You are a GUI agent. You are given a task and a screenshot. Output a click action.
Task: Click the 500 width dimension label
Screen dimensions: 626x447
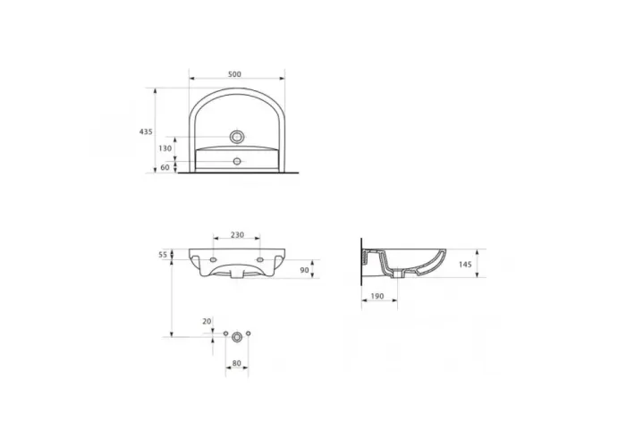click(x=234, y=74)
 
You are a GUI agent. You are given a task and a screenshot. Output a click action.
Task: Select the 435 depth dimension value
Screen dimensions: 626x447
click(x=146, y=131)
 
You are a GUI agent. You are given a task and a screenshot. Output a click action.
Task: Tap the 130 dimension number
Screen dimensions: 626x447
click(x=165, y=148)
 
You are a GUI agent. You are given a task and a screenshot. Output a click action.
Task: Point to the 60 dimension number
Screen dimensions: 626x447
click(x=165, y=168)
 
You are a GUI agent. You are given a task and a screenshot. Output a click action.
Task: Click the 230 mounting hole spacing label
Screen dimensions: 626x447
click(x=237, y=235)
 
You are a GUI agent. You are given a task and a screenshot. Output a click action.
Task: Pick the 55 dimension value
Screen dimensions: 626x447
click(x=163, y=255)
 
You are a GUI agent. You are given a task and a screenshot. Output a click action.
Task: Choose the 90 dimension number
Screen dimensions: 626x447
click(x=305, y=270)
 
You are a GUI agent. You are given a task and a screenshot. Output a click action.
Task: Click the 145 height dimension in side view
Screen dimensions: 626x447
click(x=465, y=265)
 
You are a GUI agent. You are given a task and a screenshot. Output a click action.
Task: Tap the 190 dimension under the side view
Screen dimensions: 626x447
click(x=377, y=296)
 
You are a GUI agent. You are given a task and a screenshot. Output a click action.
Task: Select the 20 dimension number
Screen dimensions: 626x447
click(x=207, y=321)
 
